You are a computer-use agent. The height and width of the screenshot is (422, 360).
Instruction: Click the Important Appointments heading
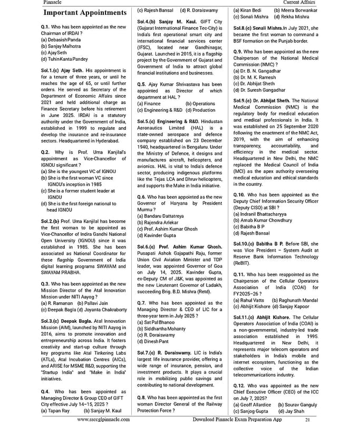(85, 13)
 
